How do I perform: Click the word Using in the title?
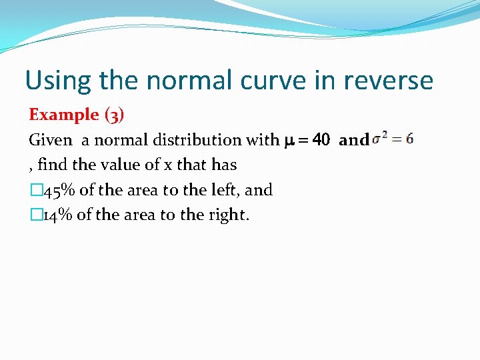pos(58,81)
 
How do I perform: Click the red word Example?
pos(63,115)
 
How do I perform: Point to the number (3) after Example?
pos(114,115)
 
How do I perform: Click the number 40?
pos(321,140)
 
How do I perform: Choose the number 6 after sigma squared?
pos(409,139)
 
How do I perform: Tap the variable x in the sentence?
pos(167,165)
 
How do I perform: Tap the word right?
pos(230,215)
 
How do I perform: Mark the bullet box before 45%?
pos(35,191)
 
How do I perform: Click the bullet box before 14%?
pos(35,215)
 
